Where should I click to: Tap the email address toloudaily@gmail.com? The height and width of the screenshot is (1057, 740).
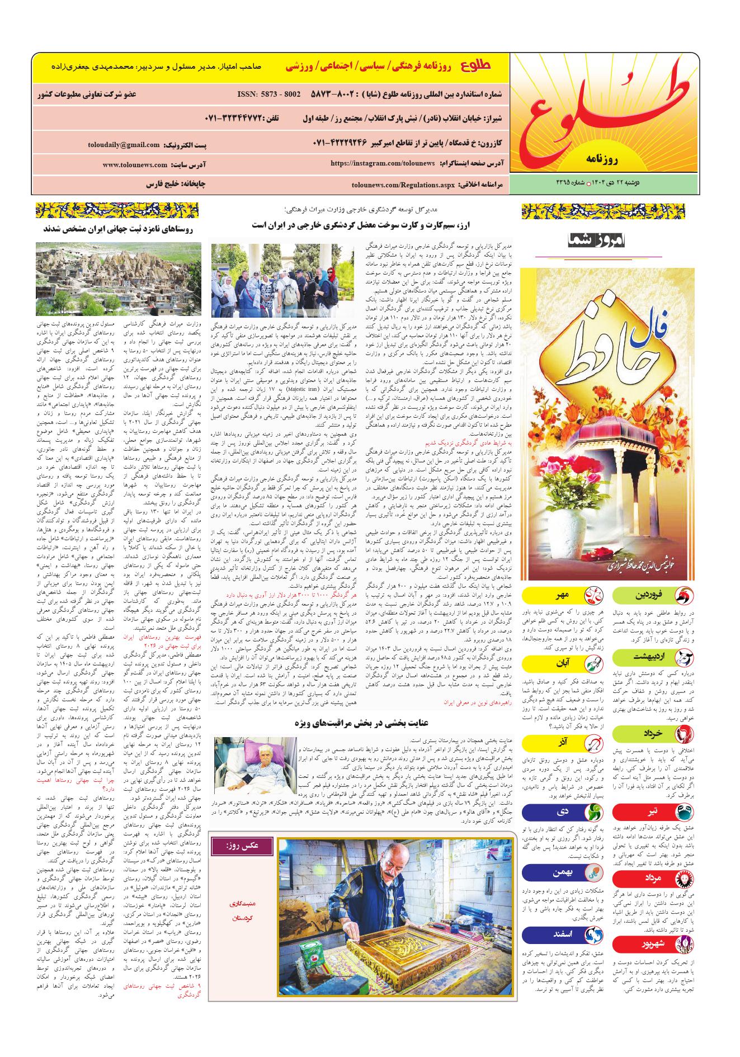click(x=124, y=145)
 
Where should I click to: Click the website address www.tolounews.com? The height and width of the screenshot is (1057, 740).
click(x=135, y=165)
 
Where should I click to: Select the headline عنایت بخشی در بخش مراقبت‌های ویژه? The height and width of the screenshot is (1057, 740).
click(x=366, y=722)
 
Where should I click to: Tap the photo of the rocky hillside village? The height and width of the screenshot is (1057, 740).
click(x=118, y=279)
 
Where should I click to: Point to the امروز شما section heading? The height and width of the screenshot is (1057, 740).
click(x=598, y=241)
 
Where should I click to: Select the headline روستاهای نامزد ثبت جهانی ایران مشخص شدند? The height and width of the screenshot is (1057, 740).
click(x=118, y=229)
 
